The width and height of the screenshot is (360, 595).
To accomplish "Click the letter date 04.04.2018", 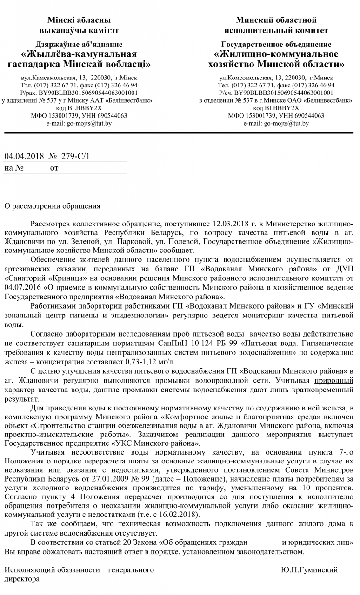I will click(x=24, y=156).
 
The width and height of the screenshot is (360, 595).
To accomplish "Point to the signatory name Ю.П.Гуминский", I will click(x=309, y=569).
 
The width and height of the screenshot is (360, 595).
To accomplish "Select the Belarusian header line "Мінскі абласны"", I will click(x=79, y=20).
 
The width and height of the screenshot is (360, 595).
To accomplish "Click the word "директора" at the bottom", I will click(x=22, y=579).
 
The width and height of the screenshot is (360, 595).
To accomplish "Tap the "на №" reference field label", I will click(x=14, y=167).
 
